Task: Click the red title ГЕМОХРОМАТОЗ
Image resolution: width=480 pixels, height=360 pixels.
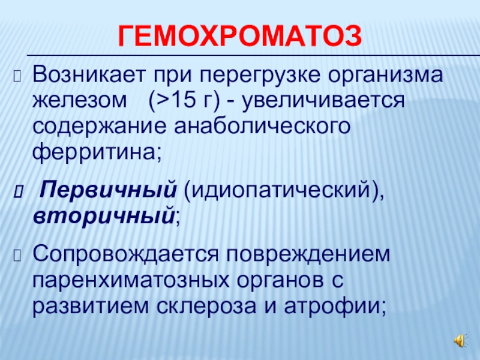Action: point(239,36)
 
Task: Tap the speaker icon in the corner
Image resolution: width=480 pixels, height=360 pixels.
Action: point(460,340)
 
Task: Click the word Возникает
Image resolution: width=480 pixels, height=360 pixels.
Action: point(88,74)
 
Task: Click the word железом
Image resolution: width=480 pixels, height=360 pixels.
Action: point(80,100)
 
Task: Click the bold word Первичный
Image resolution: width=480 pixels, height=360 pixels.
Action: point(109,191)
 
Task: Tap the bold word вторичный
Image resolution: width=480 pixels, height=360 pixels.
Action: point(104,217)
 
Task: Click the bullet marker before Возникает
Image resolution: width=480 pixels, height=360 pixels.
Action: point(17,76)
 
